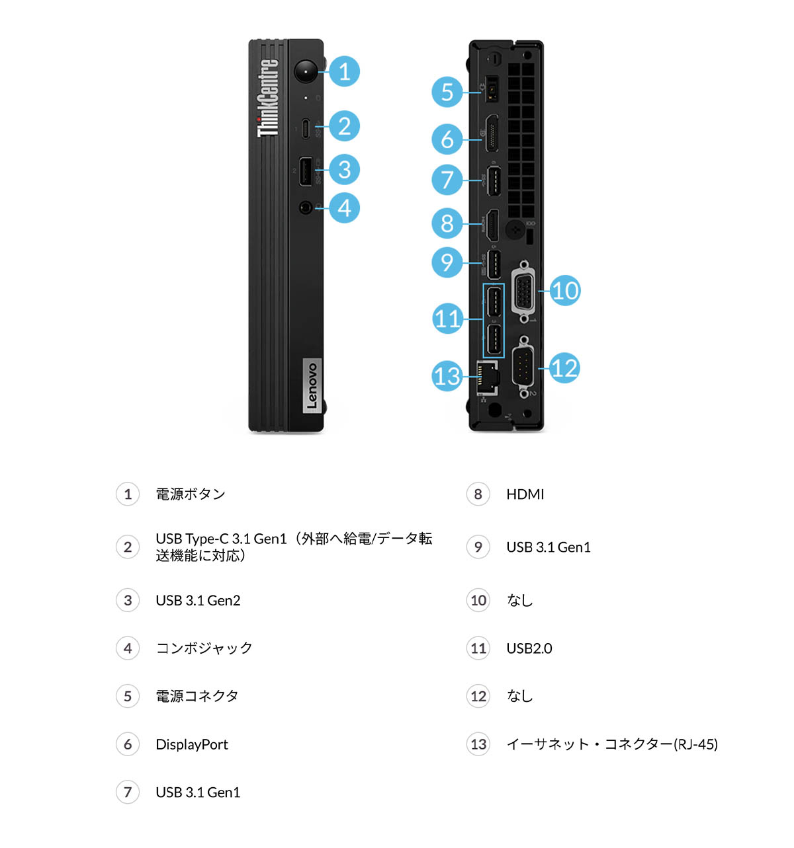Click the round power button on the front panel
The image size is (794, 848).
tap(306, 71)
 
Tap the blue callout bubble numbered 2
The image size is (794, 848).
tap(344, 126)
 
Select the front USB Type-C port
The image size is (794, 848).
tap(305, 128)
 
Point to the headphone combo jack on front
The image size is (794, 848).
tap(305, 208)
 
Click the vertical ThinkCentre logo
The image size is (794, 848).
tap(268, 98)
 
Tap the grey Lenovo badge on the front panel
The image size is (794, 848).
tap(312, 386)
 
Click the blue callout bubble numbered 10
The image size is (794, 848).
tap(564, 291)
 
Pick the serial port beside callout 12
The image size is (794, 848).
tap(523, 367)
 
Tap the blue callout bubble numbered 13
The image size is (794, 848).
tap(447, 376)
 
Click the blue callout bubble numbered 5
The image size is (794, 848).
tap(447, 92)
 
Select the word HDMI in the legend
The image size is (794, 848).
tap(525, 494)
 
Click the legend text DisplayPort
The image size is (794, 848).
tap(191, 744)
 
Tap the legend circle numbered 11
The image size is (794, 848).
tap(478, 648)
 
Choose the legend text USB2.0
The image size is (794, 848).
tap(529, 648)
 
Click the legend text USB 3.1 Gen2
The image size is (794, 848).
tap(198, 600)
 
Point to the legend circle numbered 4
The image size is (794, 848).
tap(128, 648)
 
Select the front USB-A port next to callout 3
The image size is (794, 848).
tap(305, 172)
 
